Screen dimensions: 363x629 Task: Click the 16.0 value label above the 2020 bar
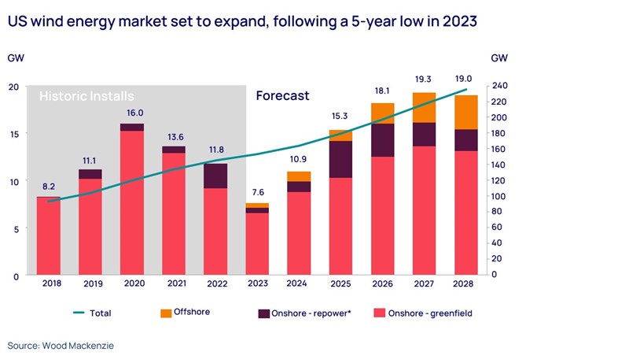(132, 113)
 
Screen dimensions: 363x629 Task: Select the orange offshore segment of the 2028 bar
(466, 112)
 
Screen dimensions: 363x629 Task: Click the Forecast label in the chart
(282, 96)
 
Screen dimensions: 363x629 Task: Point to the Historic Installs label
(86, 96)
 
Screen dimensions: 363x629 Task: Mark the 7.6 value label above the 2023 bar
(257, 192)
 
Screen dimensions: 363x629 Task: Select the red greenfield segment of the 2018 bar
(49, 236)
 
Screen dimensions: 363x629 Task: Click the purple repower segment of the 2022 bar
(215, 176)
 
